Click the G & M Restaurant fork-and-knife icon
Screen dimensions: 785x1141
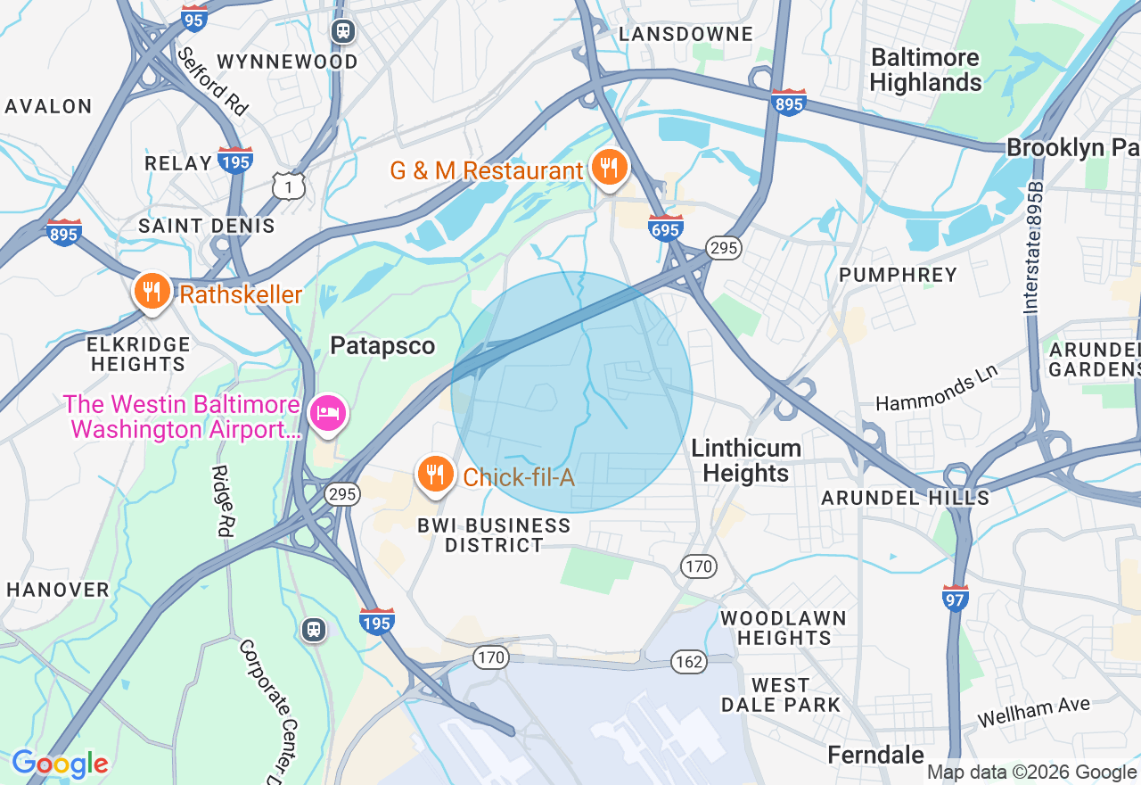coord(609,168)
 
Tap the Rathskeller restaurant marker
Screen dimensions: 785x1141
coord(152,292)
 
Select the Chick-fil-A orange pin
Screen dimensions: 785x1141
coord(434,475)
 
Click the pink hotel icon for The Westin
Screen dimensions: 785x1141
coord(327,414)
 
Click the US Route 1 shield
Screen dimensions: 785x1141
coord(289,186)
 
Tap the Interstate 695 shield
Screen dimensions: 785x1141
coord(666,227)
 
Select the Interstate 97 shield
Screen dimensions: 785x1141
coord(955,598)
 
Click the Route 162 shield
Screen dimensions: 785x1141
coord(689,661)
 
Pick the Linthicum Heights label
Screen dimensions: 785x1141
coord(746,460)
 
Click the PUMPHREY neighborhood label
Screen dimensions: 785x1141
coord(899,275)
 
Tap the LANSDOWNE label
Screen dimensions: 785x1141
coord(685,34)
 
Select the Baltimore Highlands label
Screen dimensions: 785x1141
coord(925,70)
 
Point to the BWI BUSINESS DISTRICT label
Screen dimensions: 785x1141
coord(494,535)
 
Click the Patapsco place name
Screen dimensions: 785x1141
coord(382,346)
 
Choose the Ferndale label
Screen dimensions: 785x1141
coord(876,755)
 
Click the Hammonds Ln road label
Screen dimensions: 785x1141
coord(936,391)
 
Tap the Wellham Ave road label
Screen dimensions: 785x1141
coord(1033,712)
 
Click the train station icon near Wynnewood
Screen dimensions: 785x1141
coord(343,32)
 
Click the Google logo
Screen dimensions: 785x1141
coord(60,764)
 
